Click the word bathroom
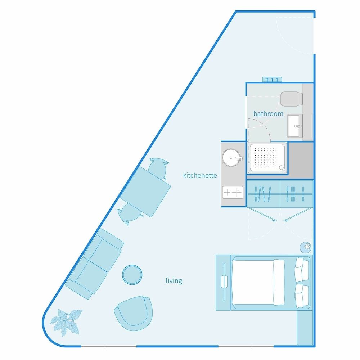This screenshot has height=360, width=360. [268, 114]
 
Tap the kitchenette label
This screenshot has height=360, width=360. [200, 175]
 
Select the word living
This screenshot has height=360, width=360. [174, 280]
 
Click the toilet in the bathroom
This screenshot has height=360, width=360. [291, 99]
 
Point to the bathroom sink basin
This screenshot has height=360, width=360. [295, 126]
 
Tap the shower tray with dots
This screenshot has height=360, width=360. [267, 158]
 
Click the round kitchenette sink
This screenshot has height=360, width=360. [232, 158]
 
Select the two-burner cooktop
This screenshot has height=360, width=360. [233, 192]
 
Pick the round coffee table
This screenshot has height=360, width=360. [132, 275]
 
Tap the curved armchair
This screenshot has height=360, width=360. [134, 313]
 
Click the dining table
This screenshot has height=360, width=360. [145, 192]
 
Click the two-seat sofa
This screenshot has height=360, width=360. [95, 264]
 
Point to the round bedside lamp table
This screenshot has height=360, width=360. [306, 248]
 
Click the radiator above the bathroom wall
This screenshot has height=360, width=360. [272, 80]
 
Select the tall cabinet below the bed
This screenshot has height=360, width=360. [305, 328]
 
